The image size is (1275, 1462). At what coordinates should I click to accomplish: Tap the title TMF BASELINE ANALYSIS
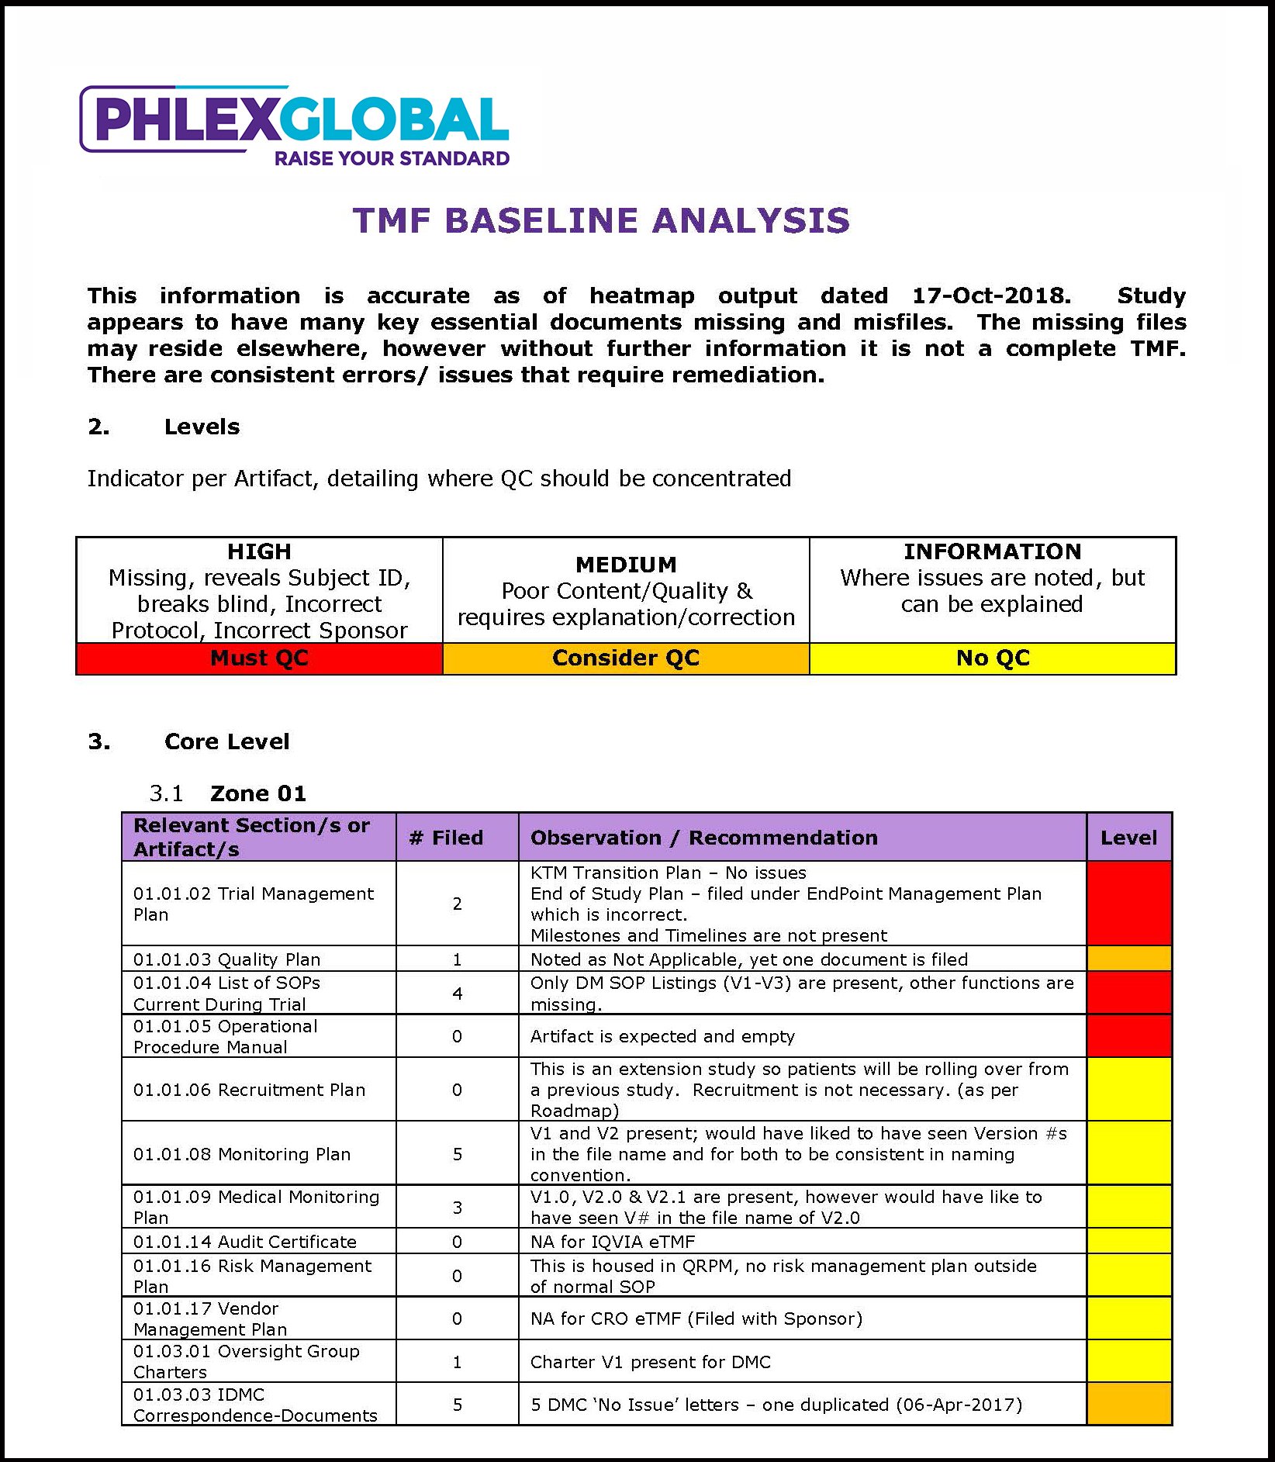coord(601,220)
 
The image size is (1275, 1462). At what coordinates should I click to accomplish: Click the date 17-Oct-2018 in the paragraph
coord(990,296)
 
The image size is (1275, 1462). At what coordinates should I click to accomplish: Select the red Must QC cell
coord(259,658)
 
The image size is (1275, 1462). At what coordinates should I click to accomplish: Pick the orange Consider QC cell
coord(626,658)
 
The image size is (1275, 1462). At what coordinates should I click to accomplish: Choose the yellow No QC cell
coord(993,658)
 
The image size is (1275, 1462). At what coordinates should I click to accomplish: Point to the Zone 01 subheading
coord(257,793)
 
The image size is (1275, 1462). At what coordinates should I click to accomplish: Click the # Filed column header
coord(457,838)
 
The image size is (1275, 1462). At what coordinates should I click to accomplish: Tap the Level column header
coord(1128,838)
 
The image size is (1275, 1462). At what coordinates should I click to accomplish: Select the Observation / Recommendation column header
coord(703,838)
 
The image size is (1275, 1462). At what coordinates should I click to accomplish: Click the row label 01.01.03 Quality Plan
coord(226,959)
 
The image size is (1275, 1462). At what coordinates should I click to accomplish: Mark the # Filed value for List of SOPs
coord(457,994)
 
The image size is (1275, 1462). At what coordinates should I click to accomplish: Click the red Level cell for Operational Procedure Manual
coord(1128,1036)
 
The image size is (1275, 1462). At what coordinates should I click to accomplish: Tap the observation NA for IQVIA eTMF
coord(613,1242)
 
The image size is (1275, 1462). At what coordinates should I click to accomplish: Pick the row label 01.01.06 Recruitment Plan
coord(249,1090)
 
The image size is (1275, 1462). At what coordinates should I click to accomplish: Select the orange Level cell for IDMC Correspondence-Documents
coord(1128,1405)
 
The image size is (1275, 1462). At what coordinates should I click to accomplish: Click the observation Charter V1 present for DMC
coord(650,1362)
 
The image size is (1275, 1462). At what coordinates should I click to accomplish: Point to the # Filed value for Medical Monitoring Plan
coord(457,1208)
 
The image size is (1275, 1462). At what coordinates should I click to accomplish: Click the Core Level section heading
coord(226,741)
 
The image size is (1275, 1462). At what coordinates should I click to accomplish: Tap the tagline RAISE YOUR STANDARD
coord(392,159)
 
